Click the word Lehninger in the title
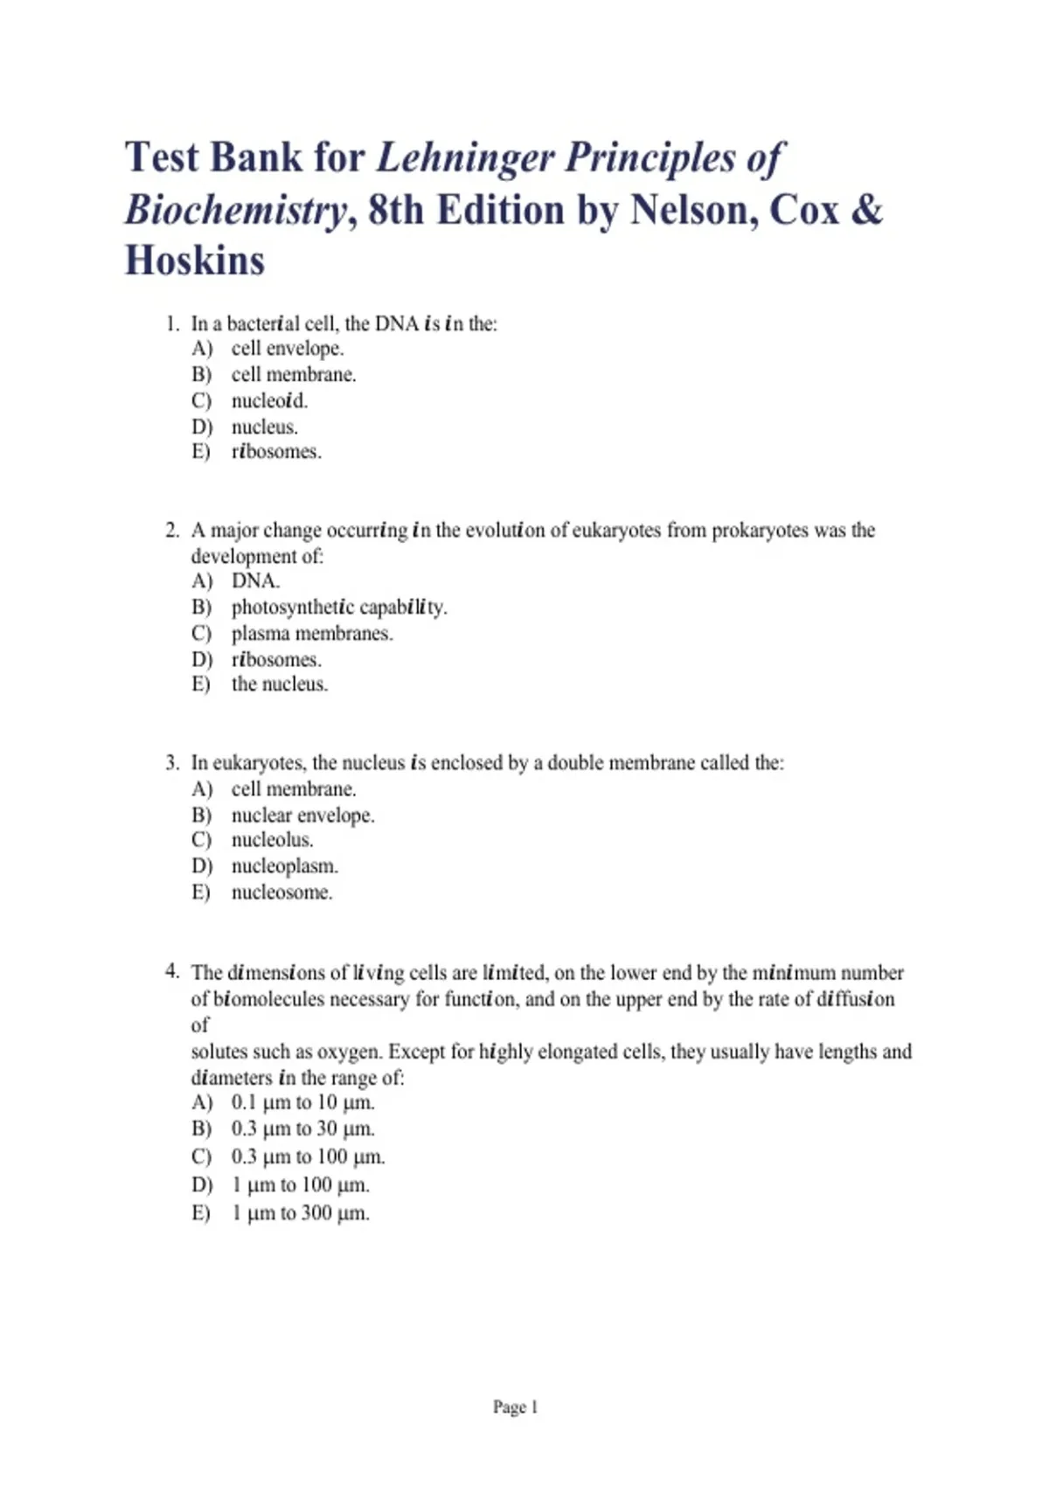click(x=465, y=158)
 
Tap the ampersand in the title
click(x=865, y=210)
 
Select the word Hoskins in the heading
click(x=195, y=260)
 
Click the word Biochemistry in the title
click(x=235, y=210)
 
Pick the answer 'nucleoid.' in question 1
click(x=269, y=401)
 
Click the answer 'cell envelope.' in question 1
click(x=288, y=349)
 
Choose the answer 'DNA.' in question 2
click(x=255, y=581)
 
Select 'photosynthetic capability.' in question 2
click(x=339, y=608)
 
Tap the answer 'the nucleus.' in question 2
click(x=280, y=684)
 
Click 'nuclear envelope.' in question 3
click(x=302, y=816)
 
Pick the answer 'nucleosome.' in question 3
click(x=281, y=892)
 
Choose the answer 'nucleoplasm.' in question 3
click(x=284, y=866)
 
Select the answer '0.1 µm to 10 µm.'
click(x=302, y=1103)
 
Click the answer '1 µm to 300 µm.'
click(x=300, y=1213)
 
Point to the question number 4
click(x=172, y=972)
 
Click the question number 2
click(x=172, y=531)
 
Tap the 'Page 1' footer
click(x=516, y=1407)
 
